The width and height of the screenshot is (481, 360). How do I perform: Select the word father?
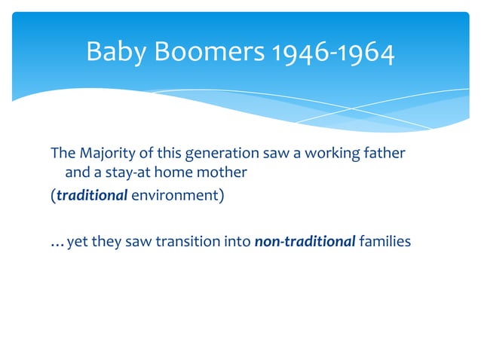385,154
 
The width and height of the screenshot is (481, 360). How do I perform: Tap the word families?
384,242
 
